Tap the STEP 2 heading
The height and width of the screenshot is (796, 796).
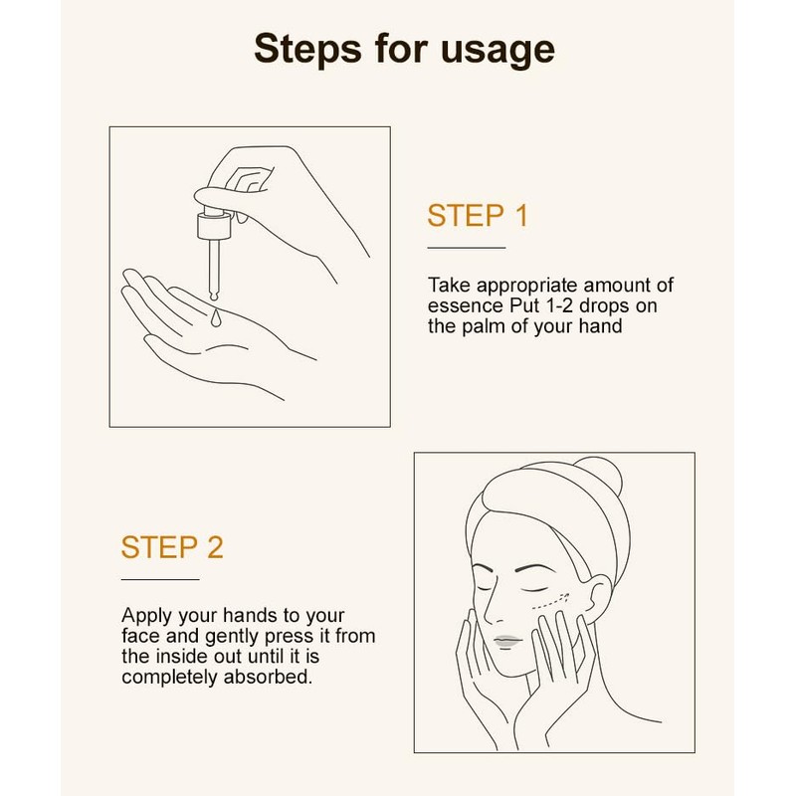tap(172, 548)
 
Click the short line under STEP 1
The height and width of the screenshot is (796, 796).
tap(466, 246)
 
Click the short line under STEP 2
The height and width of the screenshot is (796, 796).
tap(159, 577)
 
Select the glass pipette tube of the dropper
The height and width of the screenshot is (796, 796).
tap(212, 263)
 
